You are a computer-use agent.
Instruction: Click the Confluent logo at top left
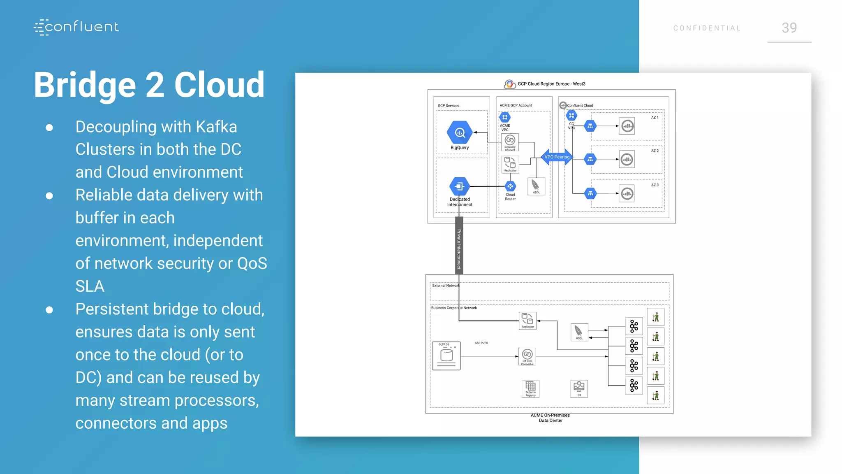76,27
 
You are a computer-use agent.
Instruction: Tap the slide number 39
789,28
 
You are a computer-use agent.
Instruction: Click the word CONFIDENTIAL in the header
707,28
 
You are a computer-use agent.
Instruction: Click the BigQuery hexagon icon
459,132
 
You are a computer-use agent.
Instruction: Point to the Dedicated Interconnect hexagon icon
459,186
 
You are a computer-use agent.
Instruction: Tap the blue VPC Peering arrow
557,157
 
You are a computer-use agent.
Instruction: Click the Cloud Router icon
510,186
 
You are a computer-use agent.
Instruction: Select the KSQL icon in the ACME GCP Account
536,186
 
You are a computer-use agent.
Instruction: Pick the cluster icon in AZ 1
627,126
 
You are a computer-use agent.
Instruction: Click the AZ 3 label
655,185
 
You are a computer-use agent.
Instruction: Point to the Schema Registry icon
530,388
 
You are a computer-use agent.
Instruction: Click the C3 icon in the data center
579,388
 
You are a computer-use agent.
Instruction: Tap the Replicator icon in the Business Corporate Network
527,320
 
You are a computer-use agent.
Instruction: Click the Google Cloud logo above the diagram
509,84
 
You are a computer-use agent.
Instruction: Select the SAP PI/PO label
481,343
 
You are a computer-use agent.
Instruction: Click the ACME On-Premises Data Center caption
550,418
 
